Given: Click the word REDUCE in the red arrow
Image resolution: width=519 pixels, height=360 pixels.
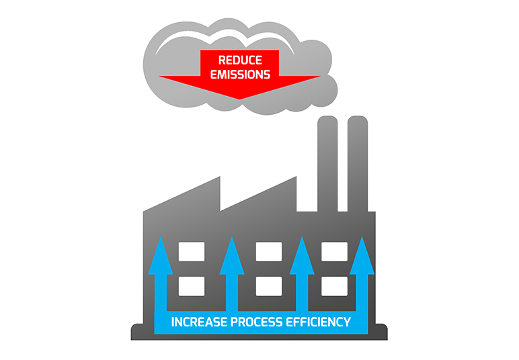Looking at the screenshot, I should point(240,60).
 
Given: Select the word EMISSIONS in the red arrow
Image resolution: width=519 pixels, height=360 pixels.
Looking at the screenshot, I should point(240,74).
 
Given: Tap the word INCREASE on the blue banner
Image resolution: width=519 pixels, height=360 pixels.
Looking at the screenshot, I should point(198,322).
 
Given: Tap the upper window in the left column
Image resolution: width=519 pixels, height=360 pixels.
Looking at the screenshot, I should point(191,252).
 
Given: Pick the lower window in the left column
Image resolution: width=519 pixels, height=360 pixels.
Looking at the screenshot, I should point(191,286).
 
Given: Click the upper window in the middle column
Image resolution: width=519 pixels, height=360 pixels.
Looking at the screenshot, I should point(269,252).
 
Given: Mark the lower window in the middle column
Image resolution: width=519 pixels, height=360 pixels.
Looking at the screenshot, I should point(269,286).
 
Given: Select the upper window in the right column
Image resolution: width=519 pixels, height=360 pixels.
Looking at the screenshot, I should point(334,252).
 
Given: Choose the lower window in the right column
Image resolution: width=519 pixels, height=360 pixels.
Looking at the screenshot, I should point(334,286).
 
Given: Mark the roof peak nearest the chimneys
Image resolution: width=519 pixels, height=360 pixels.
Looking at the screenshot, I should point(295,179).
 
